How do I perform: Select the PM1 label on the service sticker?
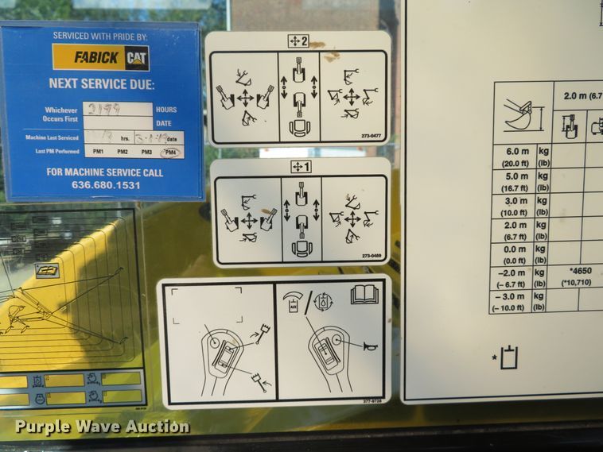click(98, 152)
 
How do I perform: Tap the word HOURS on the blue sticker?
click(166, 110)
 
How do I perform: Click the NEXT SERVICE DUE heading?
click(101, 83)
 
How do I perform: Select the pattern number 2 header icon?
click(298, 41)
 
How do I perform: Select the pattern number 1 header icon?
click(299, 167)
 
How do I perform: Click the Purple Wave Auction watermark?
click(102, 427)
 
